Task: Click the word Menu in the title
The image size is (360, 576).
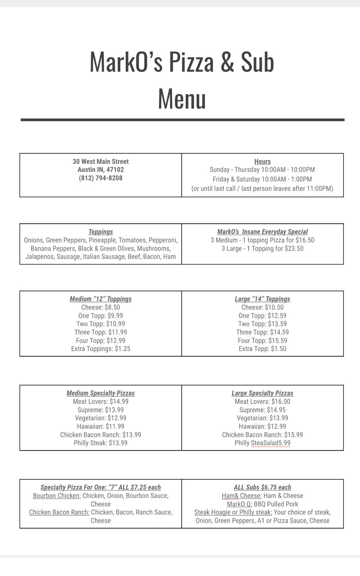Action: pyautogui.click(x=182, y=99)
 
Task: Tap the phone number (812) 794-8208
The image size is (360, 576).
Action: pyautogui.click(x=101, y=178)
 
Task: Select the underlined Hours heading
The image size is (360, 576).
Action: pyautogui.click(x=262, y=162)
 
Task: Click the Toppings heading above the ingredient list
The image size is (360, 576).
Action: pyautogui.click(x=101, y=232)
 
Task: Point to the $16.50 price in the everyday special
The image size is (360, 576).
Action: pyautogui.click(x=305, y=240)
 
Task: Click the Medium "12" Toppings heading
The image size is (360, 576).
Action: pyautogui.click(x=101, y=299)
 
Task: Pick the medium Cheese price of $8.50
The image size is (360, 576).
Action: pyautogui.click(x=113, y=307)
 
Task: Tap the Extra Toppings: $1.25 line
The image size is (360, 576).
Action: pyautogui.click(x=101, y=348)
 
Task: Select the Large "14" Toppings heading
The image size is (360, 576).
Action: pyautogui.click(x=262, y=299)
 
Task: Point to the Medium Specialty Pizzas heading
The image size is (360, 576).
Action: pyautogui.click(x=101, y=393)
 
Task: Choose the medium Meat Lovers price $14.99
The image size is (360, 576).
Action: pyautogui.click(x=119, y=401)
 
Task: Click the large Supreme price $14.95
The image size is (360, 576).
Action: pyautogui.click(x=275, y=410)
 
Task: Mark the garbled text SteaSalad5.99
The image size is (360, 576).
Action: pyautogui.click(x=271, y=443)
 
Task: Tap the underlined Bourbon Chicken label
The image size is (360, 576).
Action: pyautogui.click(x=57, y=496)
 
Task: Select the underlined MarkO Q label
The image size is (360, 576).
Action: pyautogui.click(x=239, y=504)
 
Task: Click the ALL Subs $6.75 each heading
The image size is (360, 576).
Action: pyautogui.click(x=262, y=487)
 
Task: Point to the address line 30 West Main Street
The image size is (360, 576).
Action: pyautogui.click(x=101, y=162)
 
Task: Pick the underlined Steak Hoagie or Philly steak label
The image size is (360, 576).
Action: pyautogui.click(x=233, y=512)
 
